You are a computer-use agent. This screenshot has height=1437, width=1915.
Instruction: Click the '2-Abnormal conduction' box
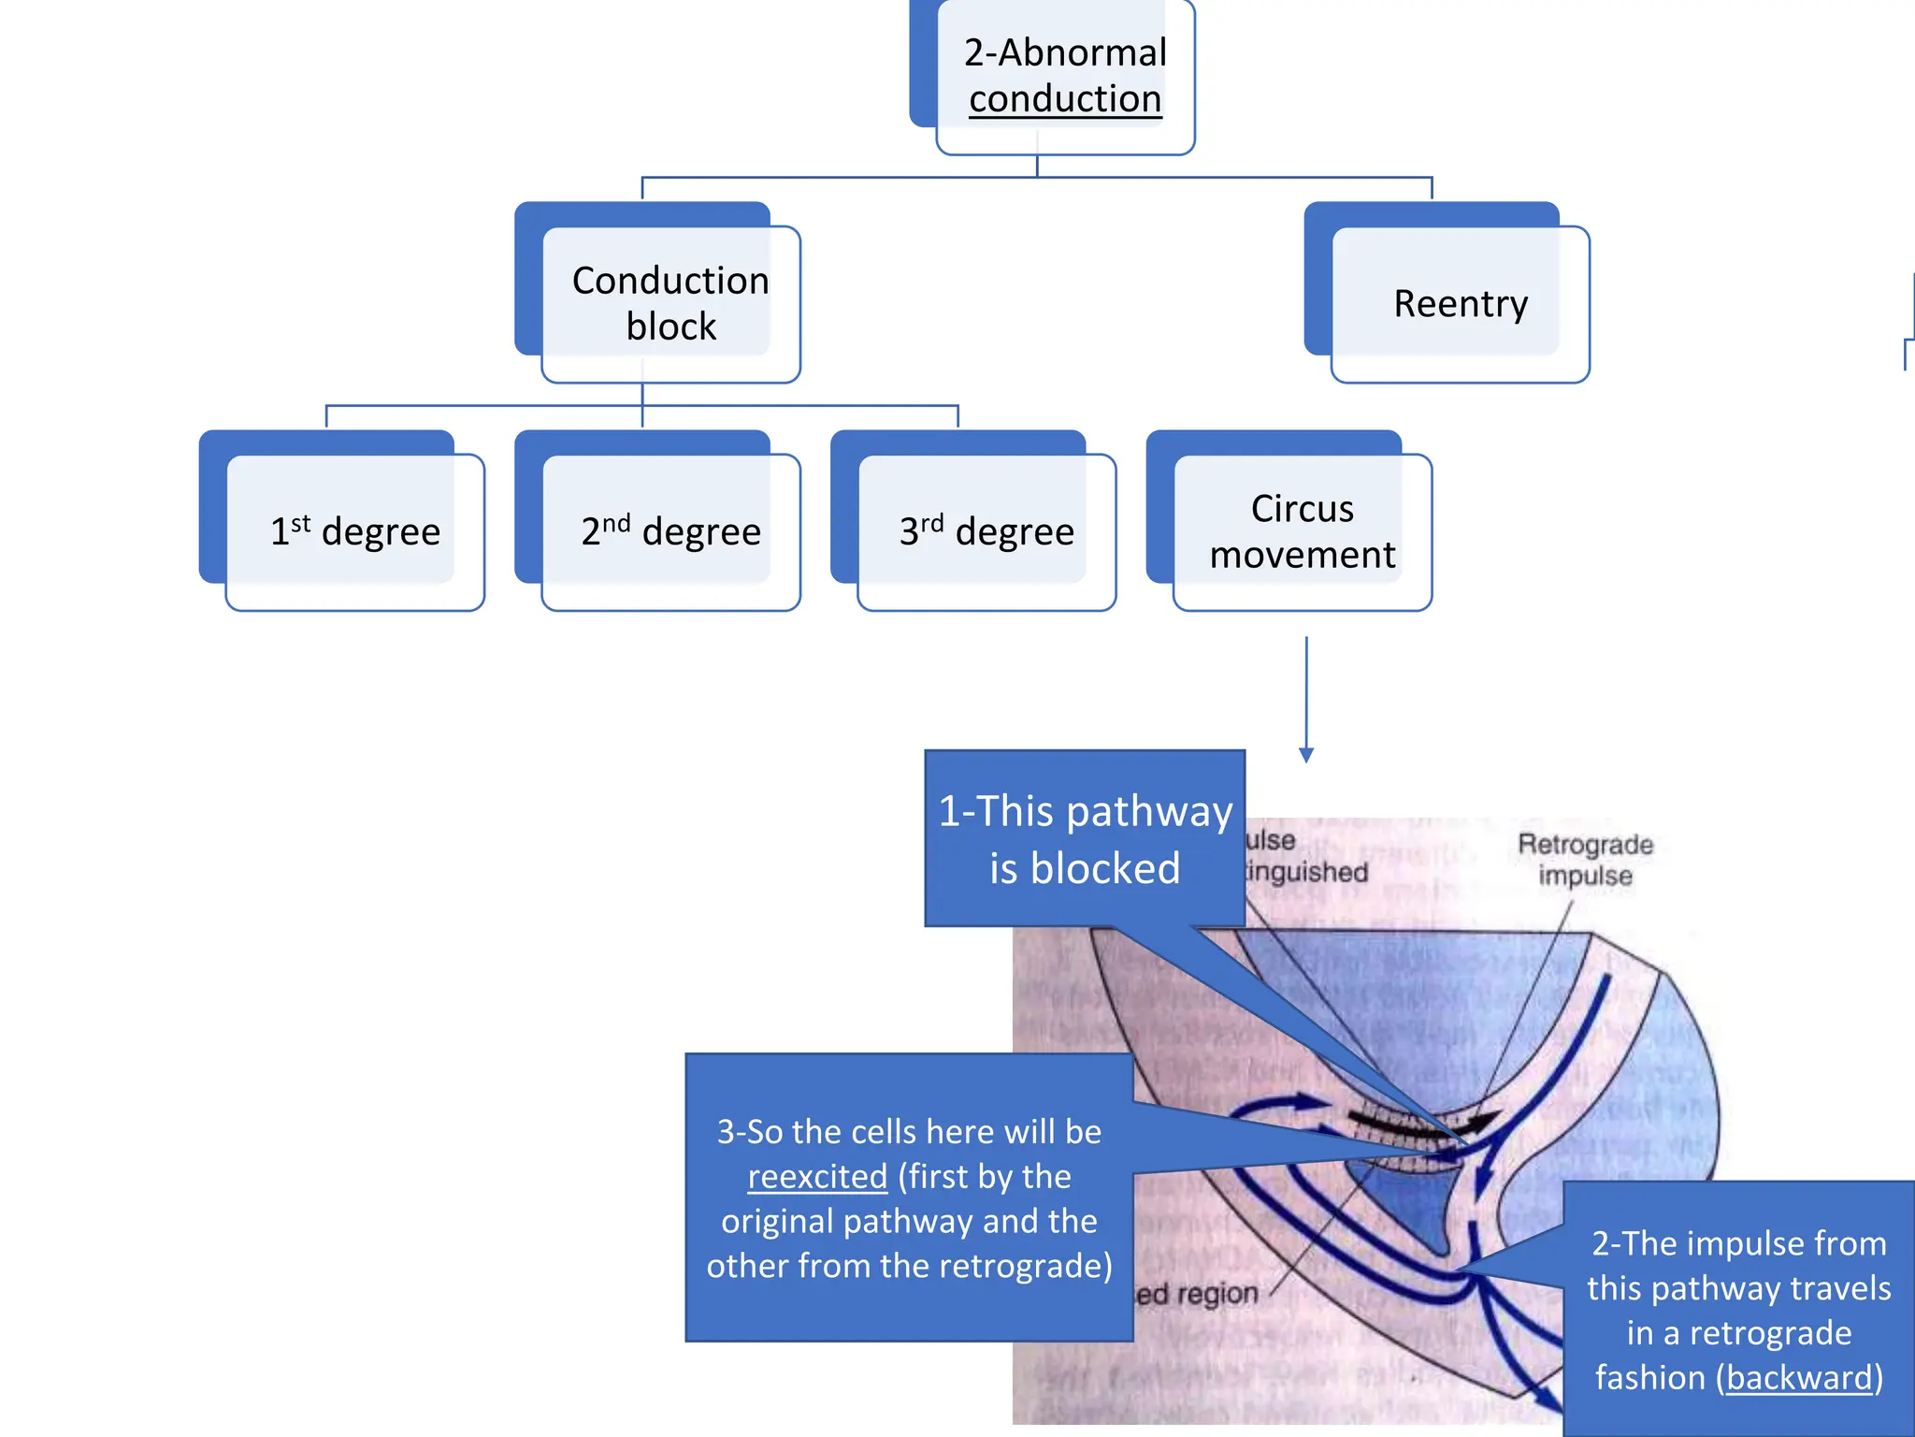pyautogui.click(x=1064, y=77)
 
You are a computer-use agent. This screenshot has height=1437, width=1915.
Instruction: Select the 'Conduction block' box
pyautogui.click(x=670, y=303)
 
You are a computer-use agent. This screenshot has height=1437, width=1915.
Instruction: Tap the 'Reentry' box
pyautogui.click(x=1460, y=304)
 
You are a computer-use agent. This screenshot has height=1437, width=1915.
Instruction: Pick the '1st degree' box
pyautogui.click(x=354, y=531)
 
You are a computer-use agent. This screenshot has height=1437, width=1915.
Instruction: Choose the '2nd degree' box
pyautogui.click(x=670, y=531)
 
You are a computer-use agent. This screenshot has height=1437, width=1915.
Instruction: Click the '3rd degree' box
pyautogui.click(x=986, y=531)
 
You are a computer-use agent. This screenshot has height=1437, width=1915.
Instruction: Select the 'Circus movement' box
pyautogui.click(x=1302, y=531)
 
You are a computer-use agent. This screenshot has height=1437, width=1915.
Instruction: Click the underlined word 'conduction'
pyautogui.click(x=1064, y=99)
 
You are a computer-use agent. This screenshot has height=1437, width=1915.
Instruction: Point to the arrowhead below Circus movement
pyautogui.click(x=1306, y=755)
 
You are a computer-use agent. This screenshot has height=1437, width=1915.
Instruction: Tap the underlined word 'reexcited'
pyautogui.click(x=817, y=1177)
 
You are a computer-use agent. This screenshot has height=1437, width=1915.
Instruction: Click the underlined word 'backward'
pyautogui.click(x=1799, y=1378)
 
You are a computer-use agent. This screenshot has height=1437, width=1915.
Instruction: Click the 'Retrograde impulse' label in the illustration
pyautogui.click(x=1585, y=860)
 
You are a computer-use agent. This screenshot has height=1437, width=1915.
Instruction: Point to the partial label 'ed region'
pyautogui.click(x=1197, y=1295)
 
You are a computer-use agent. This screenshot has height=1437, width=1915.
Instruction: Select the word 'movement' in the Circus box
pyautogui.click(x=1302, y=556)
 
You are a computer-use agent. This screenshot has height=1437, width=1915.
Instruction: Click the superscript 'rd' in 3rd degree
pyautogui.click(x=932, y=522)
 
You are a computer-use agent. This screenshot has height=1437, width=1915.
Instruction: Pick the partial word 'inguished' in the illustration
pyautogui.click(x=1307, y=873)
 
